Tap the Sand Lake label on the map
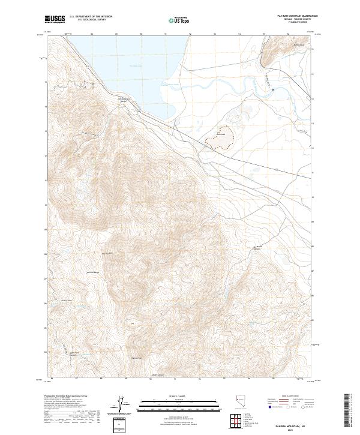pos(220,134)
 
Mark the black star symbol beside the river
pos(273,90)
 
